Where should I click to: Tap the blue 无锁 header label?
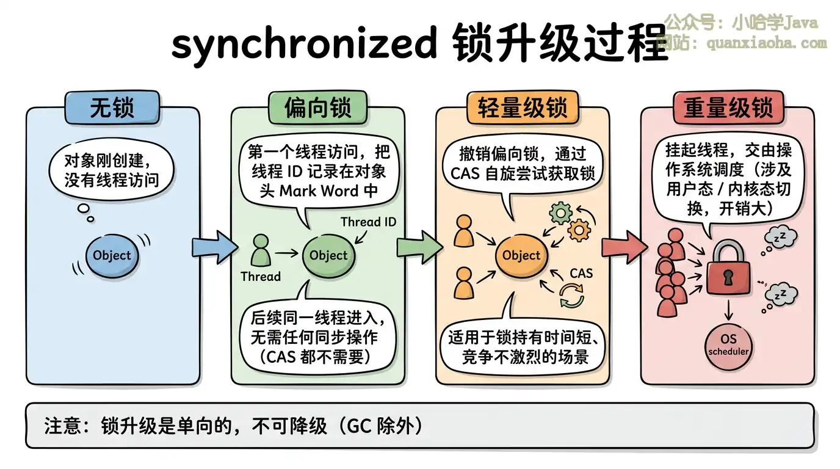click(x=112, y=107)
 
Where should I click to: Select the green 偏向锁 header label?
click(x=317, y=107)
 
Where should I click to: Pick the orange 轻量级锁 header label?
click(x=523, y=107)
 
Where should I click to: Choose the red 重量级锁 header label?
click(x=728, y=107)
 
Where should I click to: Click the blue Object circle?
click(x=112, y=256)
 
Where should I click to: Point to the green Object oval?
click(x=328, y=256)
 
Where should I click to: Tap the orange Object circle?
click(x=521, y=256)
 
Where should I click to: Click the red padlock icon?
click(x=727, y=269)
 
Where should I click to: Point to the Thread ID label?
click(x=368, y=222)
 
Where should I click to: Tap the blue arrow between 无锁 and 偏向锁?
click(x=214, y=247)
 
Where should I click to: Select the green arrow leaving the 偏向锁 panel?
click(x=419, y=247)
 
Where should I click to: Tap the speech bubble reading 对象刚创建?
click(x=110, y=170)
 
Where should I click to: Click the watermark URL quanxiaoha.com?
click(x=766, y=43)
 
